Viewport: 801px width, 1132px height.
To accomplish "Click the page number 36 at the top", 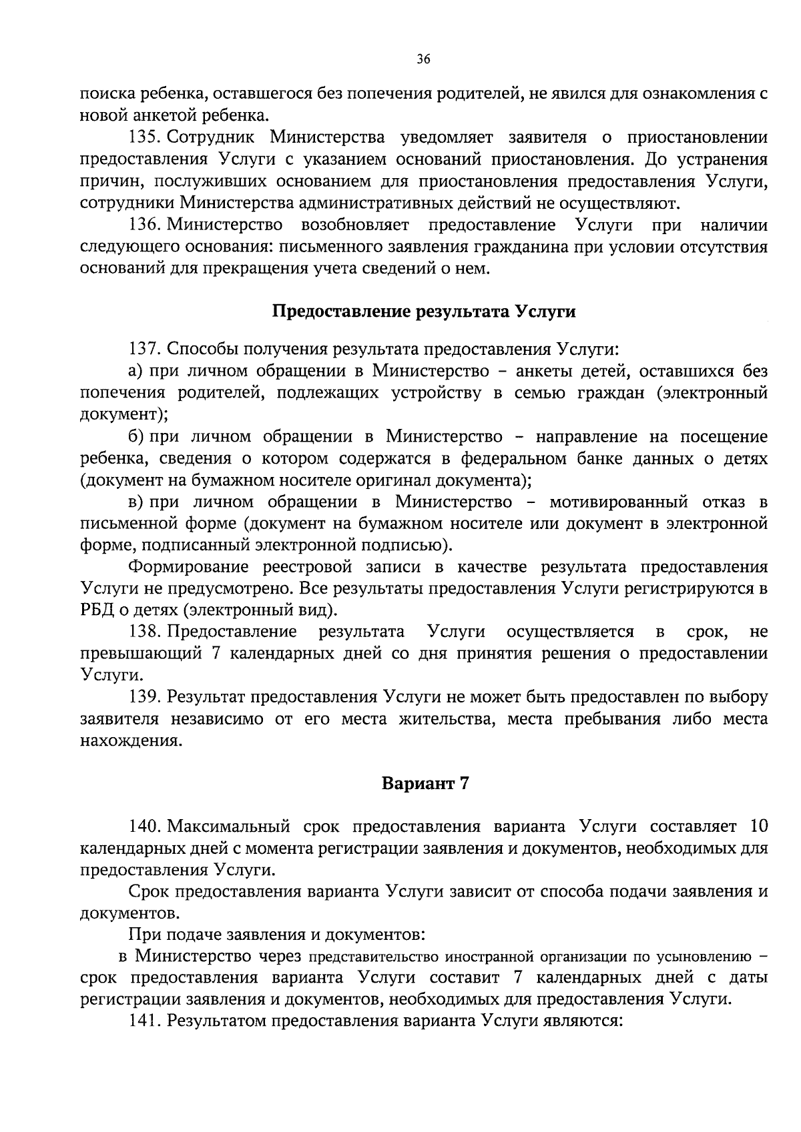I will (423, 59).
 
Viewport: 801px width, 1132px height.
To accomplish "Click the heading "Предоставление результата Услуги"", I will (424, 312).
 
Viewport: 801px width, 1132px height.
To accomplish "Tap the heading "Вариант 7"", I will (425, 783).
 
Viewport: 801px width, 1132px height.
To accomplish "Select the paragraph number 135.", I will (142, 138).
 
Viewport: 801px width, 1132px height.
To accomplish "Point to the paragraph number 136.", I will (142, 225).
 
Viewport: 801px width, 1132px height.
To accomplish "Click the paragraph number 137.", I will (142, 349).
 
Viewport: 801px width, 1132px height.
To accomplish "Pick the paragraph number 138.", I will (142, 631).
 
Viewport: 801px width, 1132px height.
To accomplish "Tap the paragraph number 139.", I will (142, 696).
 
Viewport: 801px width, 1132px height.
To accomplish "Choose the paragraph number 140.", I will (142, 826).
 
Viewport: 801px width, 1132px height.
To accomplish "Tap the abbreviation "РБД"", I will (96, 610).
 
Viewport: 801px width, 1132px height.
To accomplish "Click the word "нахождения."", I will (130, 740).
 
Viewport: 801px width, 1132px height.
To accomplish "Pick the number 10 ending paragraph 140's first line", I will (759, 826).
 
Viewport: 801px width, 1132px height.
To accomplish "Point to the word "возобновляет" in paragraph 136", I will (355, 225).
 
